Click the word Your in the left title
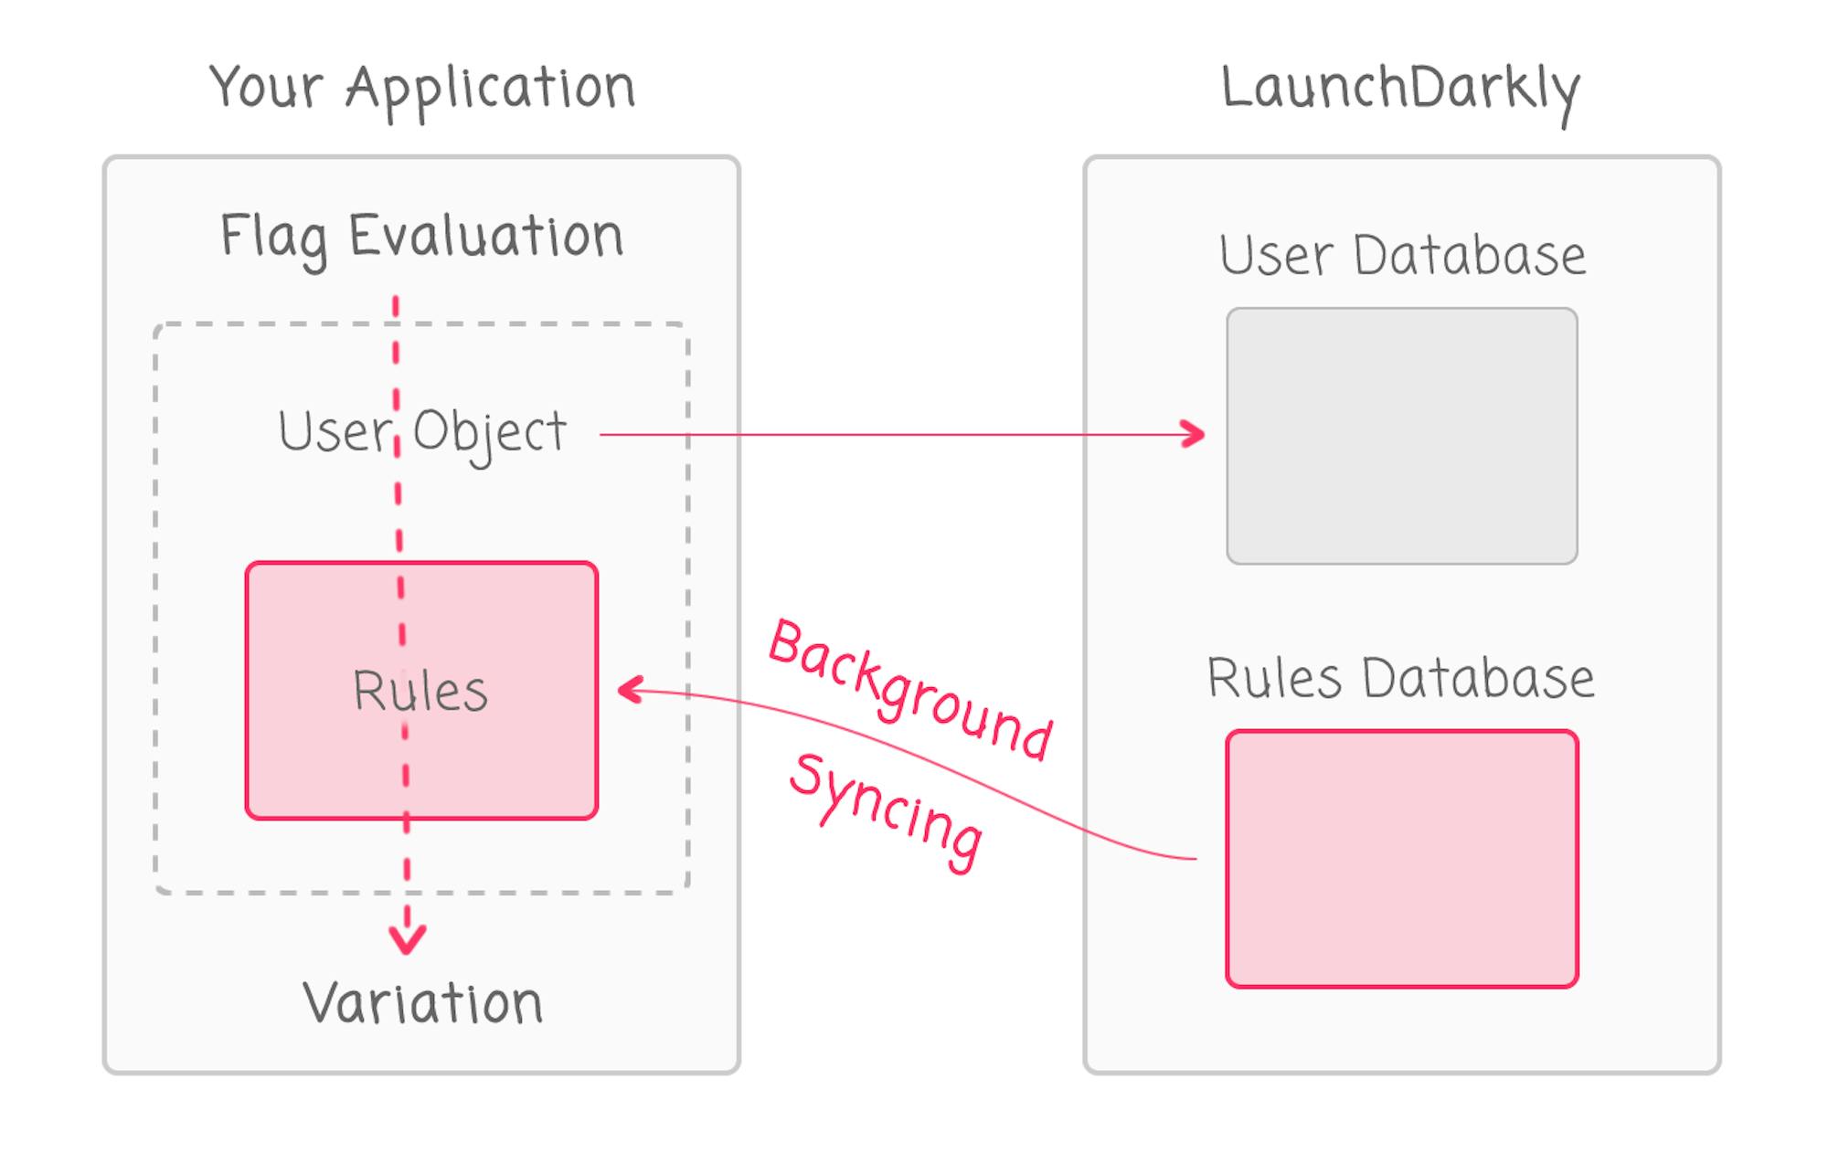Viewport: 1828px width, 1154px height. tap(266, 89)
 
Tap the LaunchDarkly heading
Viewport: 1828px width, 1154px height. tap(1400, 90)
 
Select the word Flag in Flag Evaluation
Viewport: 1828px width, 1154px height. tap(273, 238)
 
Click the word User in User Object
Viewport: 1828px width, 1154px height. tap(333, 431)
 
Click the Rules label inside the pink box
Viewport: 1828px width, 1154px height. tap(420, 691)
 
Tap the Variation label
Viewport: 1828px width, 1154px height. tap(423, 1003)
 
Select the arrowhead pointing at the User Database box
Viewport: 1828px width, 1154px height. tap(1193, 434)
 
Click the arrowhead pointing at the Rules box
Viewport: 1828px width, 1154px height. tap(630, 690)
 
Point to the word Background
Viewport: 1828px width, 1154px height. tap(909, 691)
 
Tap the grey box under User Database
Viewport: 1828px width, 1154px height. tap(1401, 436)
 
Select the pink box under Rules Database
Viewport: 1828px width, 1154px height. tap(1401, 859)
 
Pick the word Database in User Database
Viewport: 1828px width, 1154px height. tap(1469, 256)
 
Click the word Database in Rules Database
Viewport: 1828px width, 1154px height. tap(1478, 679)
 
